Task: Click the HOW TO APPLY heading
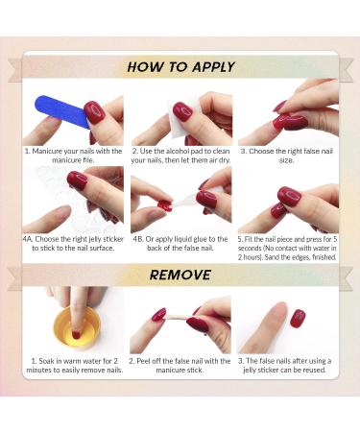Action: [x=180, y=67]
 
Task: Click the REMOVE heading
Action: [x=180, y=275]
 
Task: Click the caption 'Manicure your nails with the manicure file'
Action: [x=73, y=156]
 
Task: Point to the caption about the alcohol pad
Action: [x=180, y=156]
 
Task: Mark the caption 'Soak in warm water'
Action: [x=73, y=366]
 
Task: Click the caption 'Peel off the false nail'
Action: [x=180, y=366]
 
